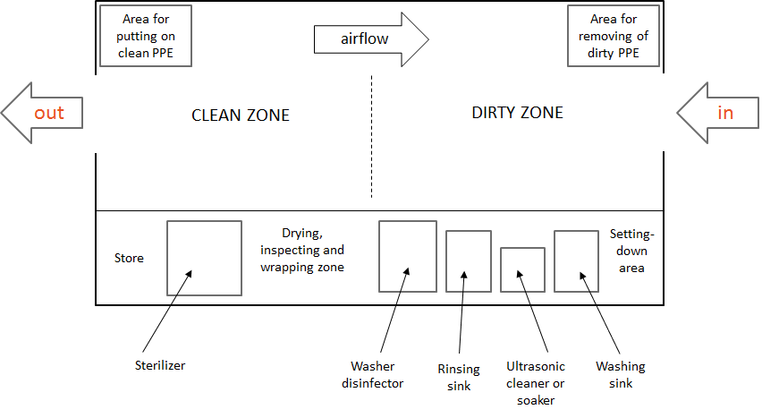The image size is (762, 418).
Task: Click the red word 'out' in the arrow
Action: point(49,113)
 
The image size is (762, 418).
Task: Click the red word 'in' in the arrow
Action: point(725,113)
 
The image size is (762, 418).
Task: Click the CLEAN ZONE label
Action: point(241,115)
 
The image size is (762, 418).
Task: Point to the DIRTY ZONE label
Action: point(518,113)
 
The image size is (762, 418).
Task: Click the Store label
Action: point(129,258)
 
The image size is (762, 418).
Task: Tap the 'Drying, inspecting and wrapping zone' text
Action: point(302,250)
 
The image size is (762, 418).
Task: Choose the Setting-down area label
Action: point(631,251)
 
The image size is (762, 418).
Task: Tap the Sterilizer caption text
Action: point(160,365)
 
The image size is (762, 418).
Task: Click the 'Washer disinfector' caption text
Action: point(373,375)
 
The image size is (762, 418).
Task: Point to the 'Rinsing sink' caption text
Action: point(459,378)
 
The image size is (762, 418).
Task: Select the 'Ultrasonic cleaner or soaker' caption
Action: point(536,383)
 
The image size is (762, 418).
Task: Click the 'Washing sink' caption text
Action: point(621,375)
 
